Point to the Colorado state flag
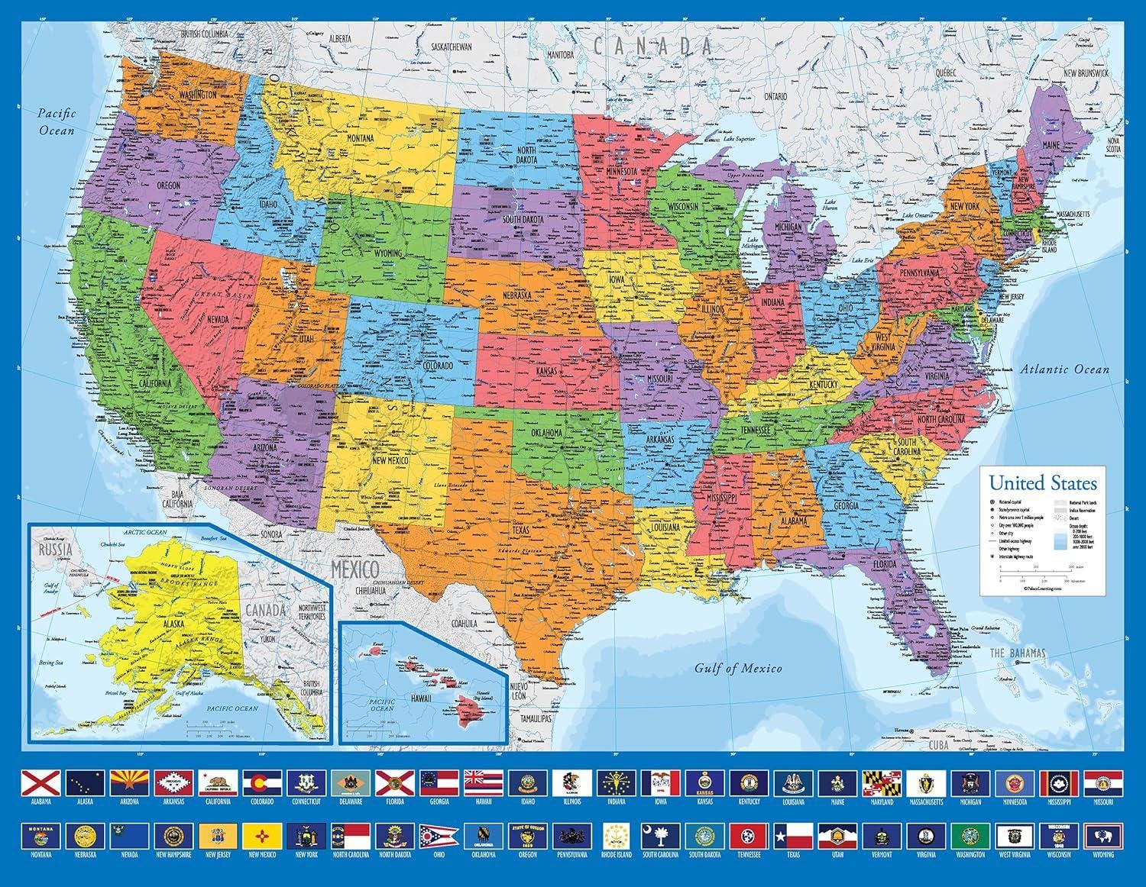[x=261, y=782]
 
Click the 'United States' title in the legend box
[x=1042, y=483]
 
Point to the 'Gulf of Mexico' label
[x=738, y=669]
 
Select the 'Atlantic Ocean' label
[x=1067, y=369]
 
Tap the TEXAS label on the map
[x=520, y=529]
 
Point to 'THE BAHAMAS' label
[x=1018, y=653]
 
